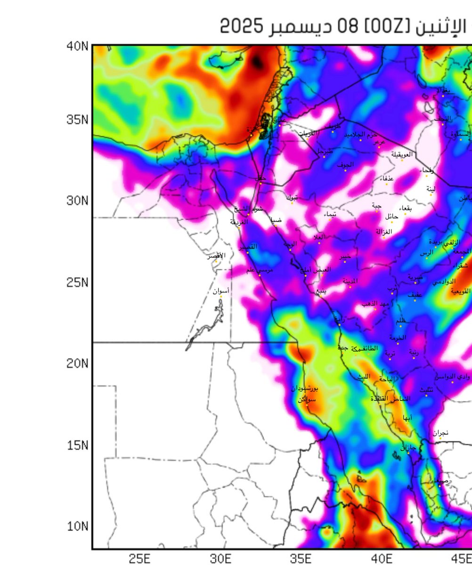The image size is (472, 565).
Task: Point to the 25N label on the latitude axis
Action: tap(77, 283)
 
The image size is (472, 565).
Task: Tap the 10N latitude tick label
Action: tap(77, 526)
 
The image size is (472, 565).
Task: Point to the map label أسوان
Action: tap(221, 291)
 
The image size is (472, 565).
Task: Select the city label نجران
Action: tap(441, 432)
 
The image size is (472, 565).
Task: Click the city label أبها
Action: tap(408, 417)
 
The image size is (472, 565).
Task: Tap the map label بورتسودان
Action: tap(305, 389)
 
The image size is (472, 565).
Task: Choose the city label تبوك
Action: tap(292, 197)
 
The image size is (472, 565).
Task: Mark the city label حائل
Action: tap(391, 217)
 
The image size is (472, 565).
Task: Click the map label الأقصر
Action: tap(217, 256)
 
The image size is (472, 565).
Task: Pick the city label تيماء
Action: tap(330, 215)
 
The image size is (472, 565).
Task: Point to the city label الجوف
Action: tap(345, 165)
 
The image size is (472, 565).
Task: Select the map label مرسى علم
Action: tap(260, 270)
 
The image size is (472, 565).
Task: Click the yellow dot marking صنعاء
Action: tap(440, 485)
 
